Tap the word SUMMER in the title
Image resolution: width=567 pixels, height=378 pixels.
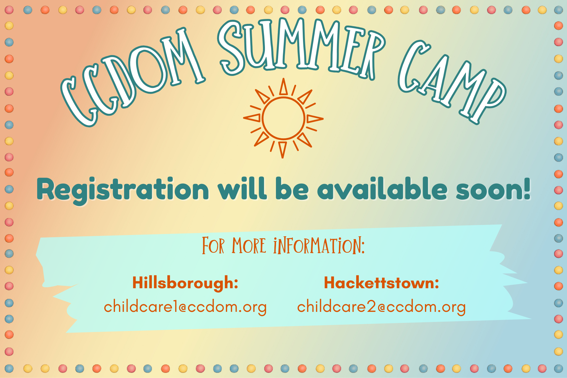point(301,47)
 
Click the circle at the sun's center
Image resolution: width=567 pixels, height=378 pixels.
point(283,118)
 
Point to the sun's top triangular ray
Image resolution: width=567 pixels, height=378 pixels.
point(283,87)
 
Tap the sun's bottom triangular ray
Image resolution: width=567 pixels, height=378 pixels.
point(283,149)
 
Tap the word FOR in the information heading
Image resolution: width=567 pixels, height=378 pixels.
point(213,246)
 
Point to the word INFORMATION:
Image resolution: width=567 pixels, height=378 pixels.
point(319,246)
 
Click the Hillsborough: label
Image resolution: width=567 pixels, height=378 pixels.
point(185,283)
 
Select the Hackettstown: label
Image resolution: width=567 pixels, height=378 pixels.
point(381,283)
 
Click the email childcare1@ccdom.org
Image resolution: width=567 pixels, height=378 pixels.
point(185,307)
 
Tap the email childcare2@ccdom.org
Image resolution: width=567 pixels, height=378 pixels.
point(381,307)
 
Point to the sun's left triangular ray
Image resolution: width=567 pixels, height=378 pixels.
point(252,118)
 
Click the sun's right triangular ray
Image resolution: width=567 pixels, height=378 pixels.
point(315,119)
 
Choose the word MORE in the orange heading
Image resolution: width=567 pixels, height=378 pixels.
point(249,246)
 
